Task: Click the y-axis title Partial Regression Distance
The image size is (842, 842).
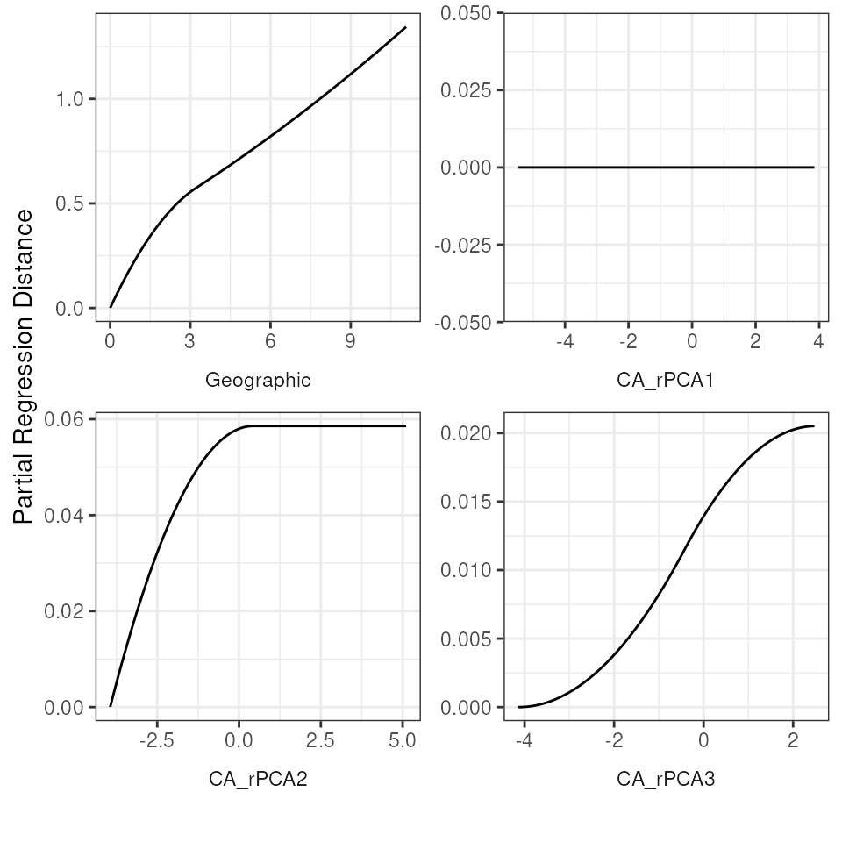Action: [x=25, y=367]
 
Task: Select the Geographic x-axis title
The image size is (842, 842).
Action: [x=258, y=380]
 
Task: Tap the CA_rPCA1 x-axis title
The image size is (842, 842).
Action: [x=667, y=380]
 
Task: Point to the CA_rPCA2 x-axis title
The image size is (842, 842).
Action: [x=258, y=778]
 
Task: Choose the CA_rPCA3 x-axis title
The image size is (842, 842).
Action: [x=667, y=778]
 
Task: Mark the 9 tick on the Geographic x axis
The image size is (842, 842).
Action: [x=350, y=341]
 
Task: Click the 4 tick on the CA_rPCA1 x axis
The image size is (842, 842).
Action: [x=818, y=341]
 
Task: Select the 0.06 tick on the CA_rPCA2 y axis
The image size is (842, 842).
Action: [x=66, y=419]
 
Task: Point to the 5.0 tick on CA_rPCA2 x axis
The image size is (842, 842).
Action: [x=403, y=740]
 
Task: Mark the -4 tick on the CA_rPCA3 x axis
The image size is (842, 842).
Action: [x=524, y=740]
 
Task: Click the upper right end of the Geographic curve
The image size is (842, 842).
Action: [x=406, y=27]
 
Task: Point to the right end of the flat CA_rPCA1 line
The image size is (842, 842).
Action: [x=814, y=168]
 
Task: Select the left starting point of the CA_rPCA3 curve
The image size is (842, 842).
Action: [x=519, y=707]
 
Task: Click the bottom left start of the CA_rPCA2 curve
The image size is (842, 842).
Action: [x=111, y=706]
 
